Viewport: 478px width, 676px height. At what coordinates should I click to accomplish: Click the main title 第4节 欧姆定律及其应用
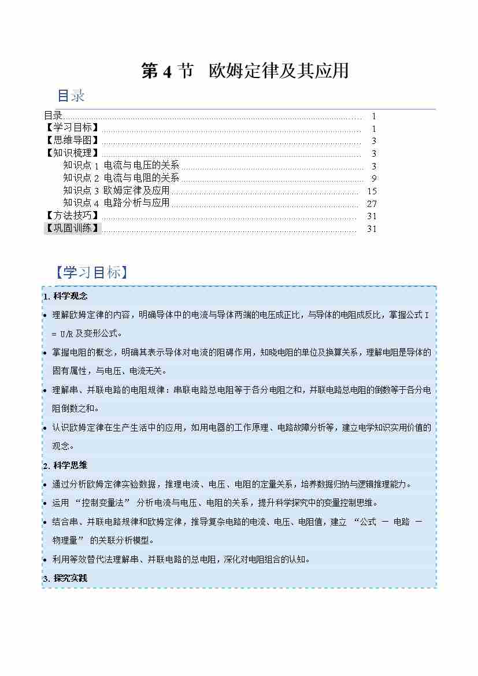[x=245, y=71]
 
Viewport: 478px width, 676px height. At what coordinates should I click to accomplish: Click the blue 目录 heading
[x=71, y=95]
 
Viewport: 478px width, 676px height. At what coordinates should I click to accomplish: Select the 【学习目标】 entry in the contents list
[x=72, y=128]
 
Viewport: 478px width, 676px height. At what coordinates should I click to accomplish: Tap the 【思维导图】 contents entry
[x=72, y=141]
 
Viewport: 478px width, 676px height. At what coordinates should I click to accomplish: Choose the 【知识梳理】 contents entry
[x=72, y=153]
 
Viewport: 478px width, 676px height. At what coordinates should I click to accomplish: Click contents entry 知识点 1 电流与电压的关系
[x=121, y=166]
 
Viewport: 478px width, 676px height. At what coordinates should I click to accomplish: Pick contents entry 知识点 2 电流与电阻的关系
[x=121, y=178]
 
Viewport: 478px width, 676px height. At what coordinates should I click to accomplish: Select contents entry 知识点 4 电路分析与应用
[x=117, y=203]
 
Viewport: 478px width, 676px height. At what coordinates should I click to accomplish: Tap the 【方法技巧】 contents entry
[x=72, y=216]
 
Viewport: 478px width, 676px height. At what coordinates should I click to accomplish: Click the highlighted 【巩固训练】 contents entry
[x=72, y=228]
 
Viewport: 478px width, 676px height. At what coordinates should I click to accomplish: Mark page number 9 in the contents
[x=375, y=178]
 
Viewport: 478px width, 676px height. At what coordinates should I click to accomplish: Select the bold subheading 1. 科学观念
[x=65, y=296]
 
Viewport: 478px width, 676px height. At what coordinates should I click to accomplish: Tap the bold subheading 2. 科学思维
[x=65, y=465]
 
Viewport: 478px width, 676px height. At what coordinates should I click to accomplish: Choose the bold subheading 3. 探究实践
[x=65, y=578]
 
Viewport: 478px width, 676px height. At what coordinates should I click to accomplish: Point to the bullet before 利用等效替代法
[x=46, y=559]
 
